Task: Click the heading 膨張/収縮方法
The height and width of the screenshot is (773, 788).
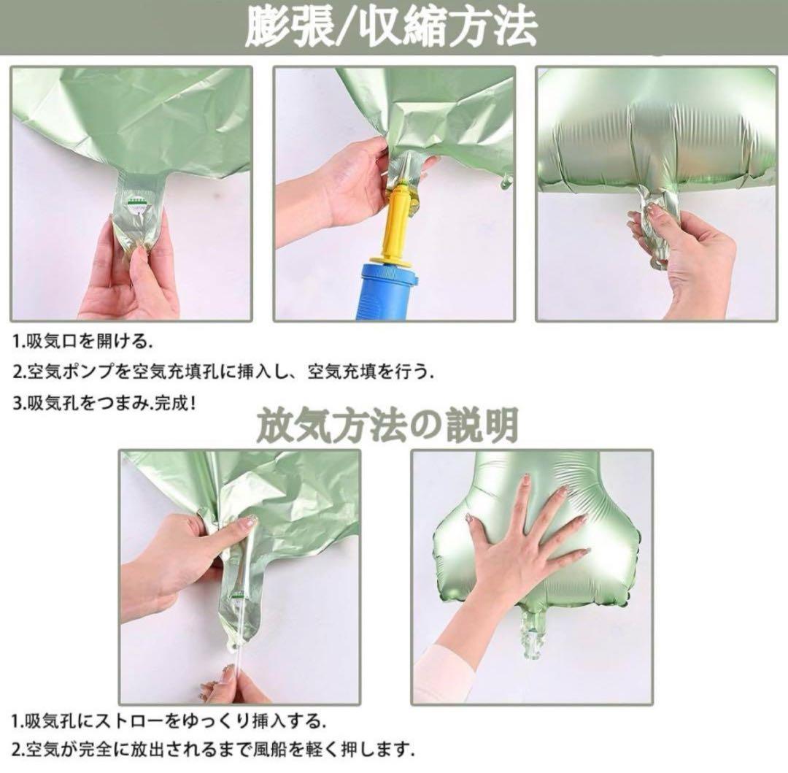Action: [x=391, y=26]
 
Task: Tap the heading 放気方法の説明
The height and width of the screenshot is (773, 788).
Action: [x=387, y=426]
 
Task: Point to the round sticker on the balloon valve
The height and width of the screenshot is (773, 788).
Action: [x=135, y=207]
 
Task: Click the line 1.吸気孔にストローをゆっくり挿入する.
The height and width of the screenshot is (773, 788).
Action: [x=169, y=722]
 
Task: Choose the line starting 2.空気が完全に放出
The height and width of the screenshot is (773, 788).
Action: [x=214, y=750]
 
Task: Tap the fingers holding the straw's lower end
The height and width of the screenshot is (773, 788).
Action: [x=226, y=683]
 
